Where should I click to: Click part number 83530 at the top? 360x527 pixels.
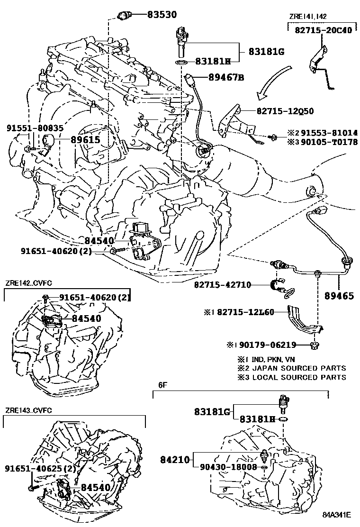click(161, 15)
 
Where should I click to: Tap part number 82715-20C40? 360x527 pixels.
click(323, 30)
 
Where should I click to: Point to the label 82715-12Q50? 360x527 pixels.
click(285, 111)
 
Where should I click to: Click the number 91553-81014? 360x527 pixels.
click(330, 133)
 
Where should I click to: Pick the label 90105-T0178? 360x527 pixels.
click(330, 142)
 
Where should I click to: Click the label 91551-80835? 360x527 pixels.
click(35, 128)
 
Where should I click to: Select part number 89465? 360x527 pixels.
click(339, 296)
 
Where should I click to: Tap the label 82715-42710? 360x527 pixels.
click(222, 285)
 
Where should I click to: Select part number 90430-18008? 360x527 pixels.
click(228, 468)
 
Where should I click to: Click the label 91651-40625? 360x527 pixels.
click(34, 469)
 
